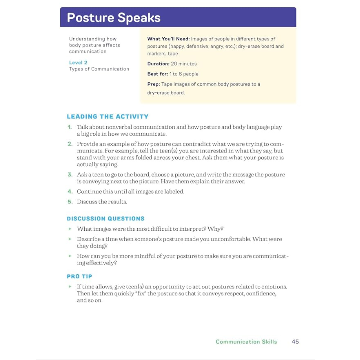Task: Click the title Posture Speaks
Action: tap(114, 18)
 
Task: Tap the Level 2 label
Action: tap(78, 62)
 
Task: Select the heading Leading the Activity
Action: tap(108, 116)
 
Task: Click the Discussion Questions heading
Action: tap(106, 219)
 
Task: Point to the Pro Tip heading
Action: tap(79, 276)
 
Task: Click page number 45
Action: tap(295, 342)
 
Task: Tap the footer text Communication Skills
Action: tap(246, 342)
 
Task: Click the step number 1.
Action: tap(70, 127)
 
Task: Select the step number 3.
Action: tap(70, 174)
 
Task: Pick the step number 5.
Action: tap(70, 202)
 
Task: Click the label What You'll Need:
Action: tap(168, 39)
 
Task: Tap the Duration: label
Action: tap(158, 64)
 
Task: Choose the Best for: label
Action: tap(158, 74)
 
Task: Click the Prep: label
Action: tap(153, 84)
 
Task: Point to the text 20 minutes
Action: tap(184, 64)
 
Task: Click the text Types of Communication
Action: tap(99, 69)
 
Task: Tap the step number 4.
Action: tap(70, 192)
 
